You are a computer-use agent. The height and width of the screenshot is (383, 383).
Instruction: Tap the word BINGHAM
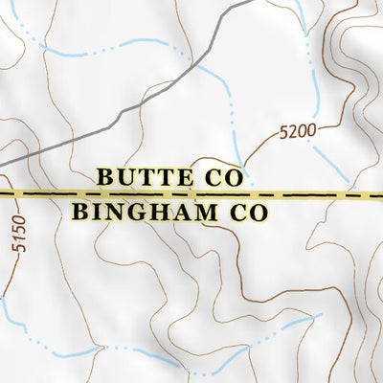[143, 212]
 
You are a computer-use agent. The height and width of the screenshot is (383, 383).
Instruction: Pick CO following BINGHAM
[244, 212]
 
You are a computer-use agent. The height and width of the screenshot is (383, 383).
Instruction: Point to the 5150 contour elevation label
[21, 236]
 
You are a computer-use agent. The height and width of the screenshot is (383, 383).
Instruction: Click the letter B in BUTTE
[105, 177]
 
